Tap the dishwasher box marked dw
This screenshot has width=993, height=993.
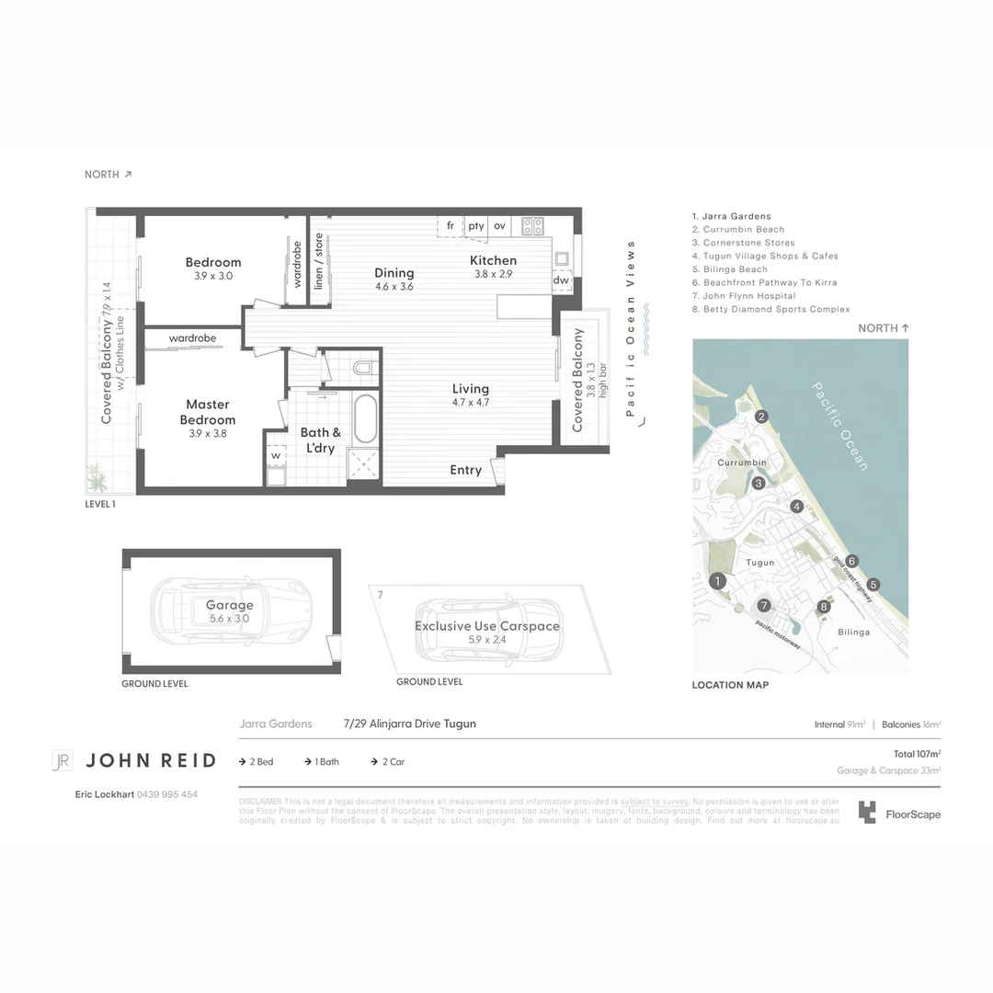561,280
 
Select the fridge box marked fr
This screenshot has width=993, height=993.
451,226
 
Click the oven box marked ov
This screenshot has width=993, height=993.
499,226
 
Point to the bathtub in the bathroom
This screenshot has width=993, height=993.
365,419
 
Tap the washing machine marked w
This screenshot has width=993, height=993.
275,455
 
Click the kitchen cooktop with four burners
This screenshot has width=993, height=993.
532,226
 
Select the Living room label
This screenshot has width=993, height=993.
470,394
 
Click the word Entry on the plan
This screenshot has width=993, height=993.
465,470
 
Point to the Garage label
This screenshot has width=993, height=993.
229,611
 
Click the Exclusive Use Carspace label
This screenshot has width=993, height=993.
486,632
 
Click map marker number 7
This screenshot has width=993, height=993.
763,605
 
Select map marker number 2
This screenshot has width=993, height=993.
761,417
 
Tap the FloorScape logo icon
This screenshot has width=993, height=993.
866,813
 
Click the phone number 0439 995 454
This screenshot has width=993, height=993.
166,794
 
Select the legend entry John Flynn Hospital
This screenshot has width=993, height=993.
749,296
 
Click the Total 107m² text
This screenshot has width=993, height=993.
917,754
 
